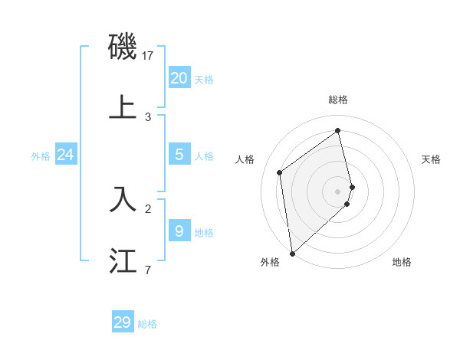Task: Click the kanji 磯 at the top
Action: coord(123,47)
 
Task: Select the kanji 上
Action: coord(123,107)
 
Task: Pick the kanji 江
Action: coord(123,260)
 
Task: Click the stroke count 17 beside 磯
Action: coord(148,56)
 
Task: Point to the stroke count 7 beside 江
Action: coord(148,270)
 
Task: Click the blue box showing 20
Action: coord(179,77)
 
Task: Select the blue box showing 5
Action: coord(179,155)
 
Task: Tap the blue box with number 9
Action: coord(179,231)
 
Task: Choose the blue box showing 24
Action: coord(65,155)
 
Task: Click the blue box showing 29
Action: coord(122,322)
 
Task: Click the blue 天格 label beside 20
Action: coord(204,80)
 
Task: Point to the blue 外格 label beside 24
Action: coord(41,156)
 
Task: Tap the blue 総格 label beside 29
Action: coord(147,325)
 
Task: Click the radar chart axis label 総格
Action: coord(338,100)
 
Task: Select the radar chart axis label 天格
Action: coord(431,159)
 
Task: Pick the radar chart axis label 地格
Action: coord(402,262)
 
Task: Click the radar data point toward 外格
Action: coord(292,253)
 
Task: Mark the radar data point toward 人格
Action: coord(280,172)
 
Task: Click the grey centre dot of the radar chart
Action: coord(338,191)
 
